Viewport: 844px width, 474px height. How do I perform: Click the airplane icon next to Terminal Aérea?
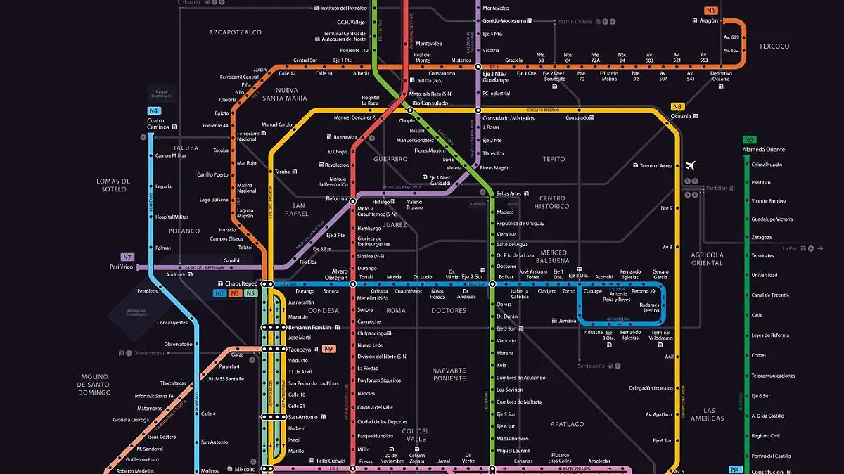[690, 166]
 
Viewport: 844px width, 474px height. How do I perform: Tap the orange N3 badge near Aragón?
[710, 11]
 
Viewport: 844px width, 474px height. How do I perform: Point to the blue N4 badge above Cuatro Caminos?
[154, 110]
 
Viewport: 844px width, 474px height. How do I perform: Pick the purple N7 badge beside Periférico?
[127, 257]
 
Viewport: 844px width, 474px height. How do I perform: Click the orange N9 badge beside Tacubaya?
[328, 349]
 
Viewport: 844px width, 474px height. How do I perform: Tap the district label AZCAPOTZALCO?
[235, 32]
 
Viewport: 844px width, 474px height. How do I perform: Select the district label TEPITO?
[554, 159]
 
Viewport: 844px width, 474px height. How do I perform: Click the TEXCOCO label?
[774, 46]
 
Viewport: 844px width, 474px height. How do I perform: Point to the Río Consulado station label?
[430, 103]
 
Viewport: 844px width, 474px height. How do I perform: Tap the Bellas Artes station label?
[509, 193]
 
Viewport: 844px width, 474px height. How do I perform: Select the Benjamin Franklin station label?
[309, 328]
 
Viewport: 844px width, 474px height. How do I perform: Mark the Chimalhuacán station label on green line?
[767, 165]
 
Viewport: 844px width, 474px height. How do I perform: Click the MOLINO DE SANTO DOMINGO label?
[95, 385]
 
